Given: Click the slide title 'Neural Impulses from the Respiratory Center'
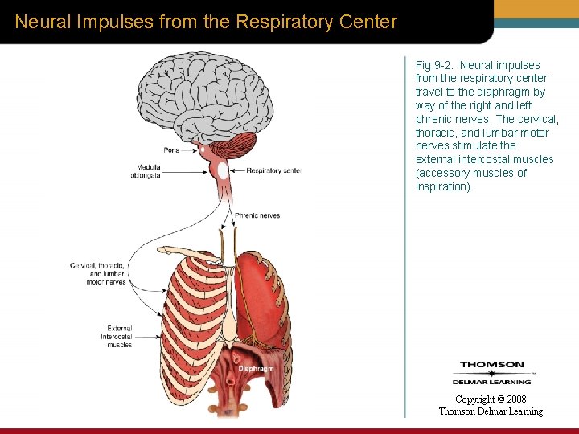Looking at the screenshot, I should pyautogui.click(x=206, y=22).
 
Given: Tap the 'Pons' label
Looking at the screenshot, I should pyautogui.click(x=171, y=149).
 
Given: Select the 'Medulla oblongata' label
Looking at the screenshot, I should pyautogui.click(x=148, y=171).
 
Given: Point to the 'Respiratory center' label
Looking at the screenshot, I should pyautogui.click(x=273, y=170).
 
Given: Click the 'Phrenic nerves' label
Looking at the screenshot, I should pyautogui.click(x=257, y=215).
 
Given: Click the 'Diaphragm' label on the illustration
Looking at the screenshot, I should pyautogui.click(x=256, y=369).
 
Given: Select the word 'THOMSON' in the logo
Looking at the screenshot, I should pyautogui.click(x=491, y=366).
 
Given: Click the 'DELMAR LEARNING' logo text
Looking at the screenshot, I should pyautogui.click(x=491, y=382).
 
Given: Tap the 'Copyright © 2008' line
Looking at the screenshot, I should pyautogui.click(x=491, y=399).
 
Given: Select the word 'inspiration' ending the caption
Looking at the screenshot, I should pyautogui.click(x=443, y=186).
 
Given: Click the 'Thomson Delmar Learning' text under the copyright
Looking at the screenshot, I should pyautogui.click(x=491, y=411).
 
